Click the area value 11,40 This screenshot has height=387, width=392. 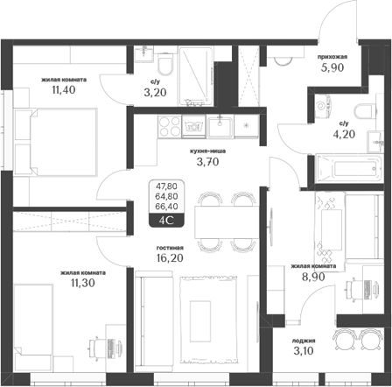pos(62,88)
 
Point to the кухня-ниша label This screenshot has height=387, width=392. pos(209,151)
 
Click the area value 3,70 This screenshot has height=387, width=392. pos(209,163)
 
